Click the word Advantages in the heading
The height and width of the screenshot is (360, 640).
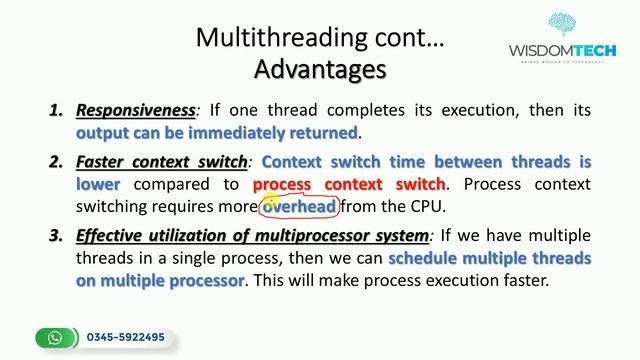click(x=320, y=70)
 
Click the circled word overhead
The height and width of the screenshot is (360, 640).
click(x=299, y=207)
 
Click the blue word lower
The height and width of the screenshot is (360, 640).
click(x=98, y=184)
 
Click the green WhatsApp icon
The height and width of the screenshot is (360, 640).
click(x=56, y=337)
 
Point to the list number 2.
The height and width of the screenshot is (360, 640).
click(x=57, y=161)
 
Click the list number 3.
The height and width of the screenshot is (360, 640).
click(x=57, y=236)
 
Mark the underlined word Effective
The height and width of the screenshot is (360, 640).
click(x=112, y=236)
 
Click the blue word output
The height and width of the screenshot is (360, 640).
click(x=104, y=133)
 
